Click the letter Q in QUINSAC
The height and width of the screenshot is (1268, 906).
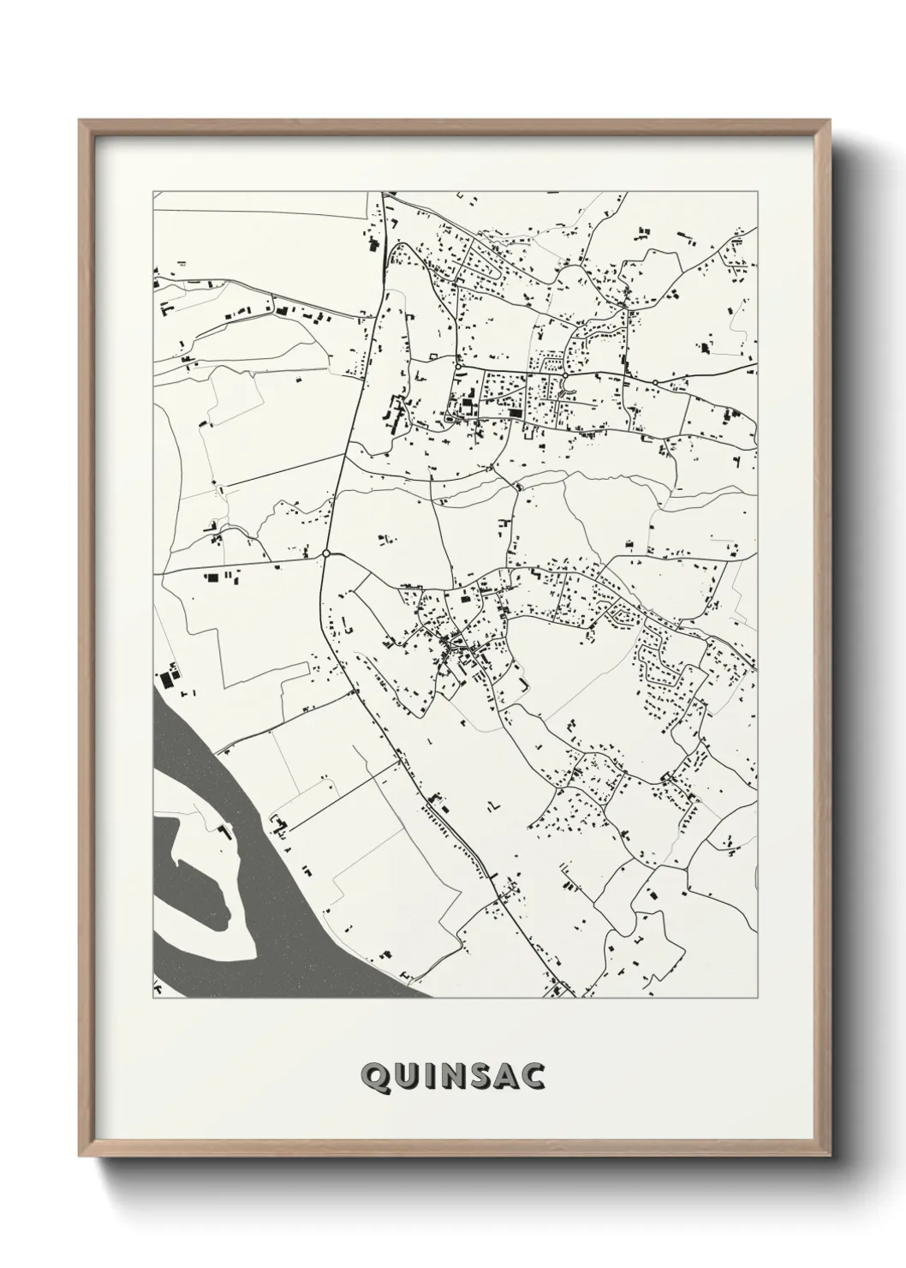click(374, 1075)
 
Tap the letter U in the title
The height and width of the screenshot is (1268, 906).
click(404, 1075)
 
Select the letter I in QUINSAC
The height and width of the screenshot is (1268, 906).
click(427, 1075)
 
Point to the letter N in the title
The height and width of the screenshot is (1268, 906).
click(452, 1075)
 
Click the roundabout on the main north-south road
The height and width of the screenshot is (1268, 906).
click(326, 553)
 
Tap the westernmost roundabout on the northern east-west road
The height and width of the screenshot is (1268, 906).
click(459, 368)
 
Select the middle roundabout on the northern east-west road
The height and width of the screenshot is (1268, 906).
click(565, 375)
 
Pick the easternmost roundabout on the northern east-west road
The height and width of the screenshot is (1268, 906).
click(655, 382)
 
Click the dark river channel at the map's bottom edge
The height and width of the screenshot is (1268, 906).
click(343, 977)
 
